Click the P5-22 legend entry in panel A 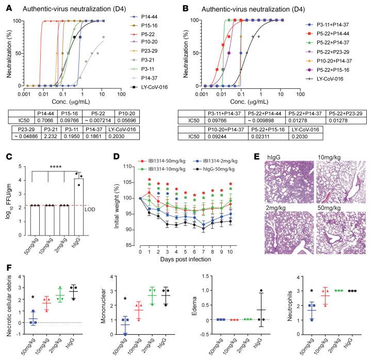click(144, 42)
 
